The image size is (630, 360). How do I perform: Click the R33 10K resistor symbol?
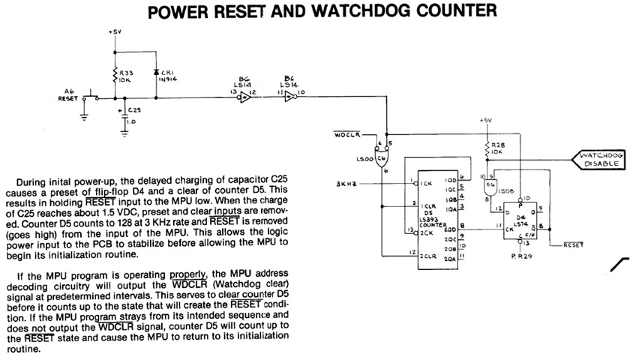(x=113, y=76)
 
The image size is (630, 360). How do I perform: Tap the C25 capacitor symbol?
(x=124, y=115)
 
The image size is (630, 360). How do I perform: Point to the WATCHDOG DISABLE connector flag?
(x=599, y=158)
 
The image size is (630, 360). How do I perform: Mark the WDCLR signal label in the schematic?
(x=346, y=136)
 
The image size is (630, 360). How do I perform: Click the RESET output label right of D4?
(x=572, y=245)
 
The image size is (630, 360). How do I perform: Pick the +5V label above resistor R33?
(x=114, y=32)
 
